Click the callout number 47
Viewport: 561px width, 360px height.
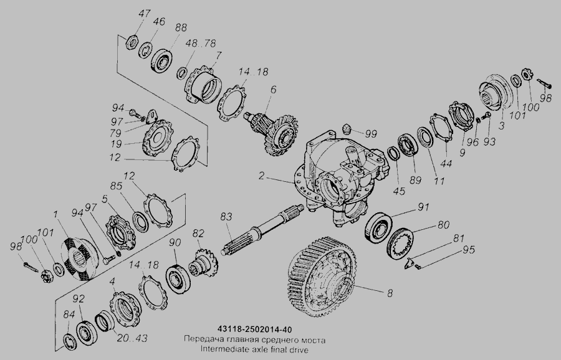tap(144, 14)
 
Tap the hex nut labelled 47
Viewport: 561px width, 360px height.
tap(132, 42)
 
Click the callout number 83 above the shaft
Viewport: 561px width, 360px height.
tap(226, 217)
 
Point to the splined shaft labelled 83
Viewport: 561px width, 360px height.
tap(262, 229)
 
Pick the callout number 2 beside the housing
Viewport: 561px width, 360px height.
tap(262, 176)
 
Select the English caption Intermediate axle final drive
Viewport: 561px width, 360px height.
tap(254, 349)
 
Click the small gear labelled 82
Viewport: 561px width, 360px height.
tap(204, 263)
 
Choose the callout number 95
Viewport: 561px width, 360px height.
tap(468, 250)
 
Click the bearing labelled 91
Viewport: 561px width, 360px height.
tap(378, 228)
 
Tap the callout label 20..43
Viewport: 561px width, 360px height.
tap(132, 338)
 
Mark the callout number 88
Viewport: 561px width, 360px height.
tap(181, 27)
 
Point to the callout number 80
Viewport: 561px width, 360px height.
tap(443, 225)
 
